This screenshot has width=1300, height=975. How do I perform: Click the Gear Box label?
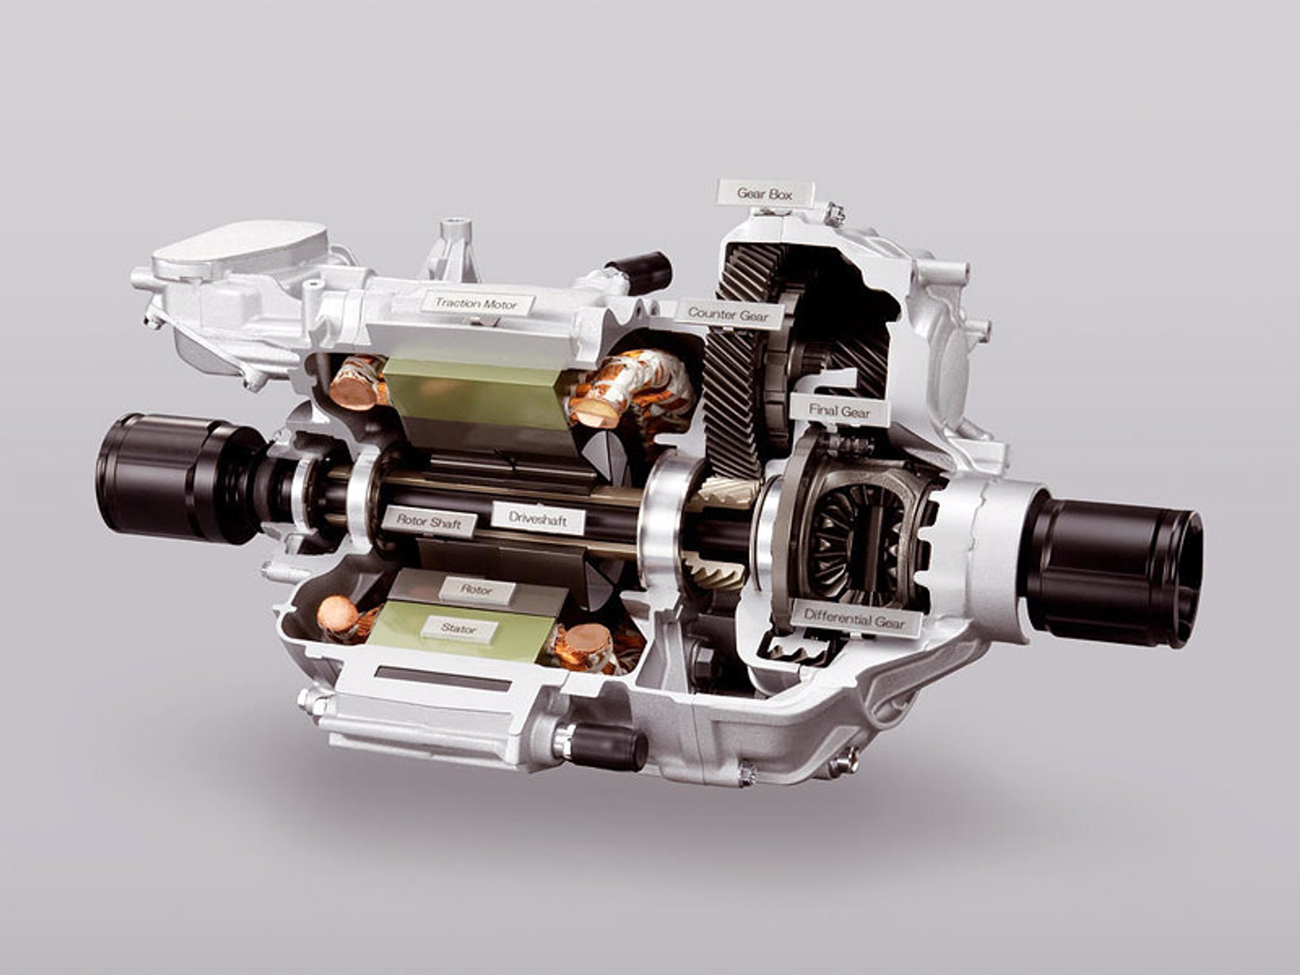click(x=765, y=193)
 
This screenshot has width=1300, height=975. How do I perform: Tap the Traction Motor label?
click(x=477, y=303)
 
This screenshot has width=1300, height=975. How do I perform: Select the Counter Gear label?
click(x=728, y=315)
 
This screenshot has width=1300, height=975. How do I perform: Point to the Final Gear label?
click(x=839, y=411)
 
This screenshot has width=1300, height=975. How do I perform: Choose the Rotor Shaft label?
click(x=429, y=521)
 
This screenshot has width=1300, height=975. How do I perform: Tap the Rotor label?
click(x=477, y=591)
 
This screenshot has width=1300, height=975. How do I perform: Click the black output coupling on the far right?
click(x=1113, y=570)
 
